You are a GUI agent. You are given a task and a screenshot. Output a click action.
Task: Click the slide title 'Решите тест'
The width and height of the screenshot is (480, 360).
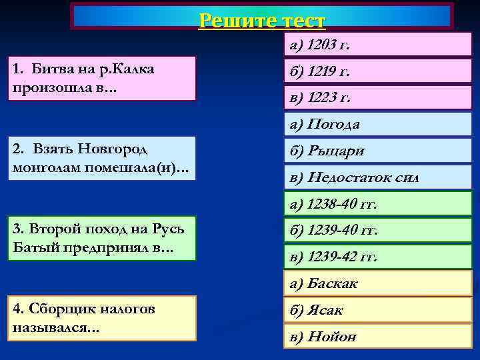[x=262, y=20]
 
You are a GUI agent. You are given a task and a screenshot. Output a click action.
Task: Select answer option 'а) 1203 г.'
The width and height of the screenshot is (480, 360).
[x=377, y=45]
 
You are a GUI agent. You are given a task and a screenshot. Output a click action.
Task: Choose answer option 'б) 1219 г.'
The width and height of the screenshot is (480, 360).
[x=377, y=71]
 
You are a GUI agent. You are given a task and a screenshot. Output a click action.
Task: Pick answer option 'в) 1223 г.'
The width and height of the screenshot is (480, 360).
[x=377, y=97]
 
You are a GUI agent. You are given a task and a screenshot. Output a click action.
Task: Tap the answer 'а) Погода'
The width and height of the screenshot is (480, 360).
[x=377, y=124]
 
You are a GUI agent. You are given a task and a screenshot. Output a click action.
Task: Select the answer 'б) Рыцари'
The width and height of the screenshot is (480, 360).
[x=377, y=151]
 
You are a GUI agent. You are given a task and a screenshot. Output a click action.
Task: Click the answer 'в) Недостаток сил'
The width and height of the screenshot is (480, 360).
[x=377, y=177]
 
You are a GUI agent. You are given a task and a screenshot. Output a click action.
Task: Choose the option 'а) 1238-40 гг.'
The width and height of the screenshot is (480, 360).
[x=377, y=204]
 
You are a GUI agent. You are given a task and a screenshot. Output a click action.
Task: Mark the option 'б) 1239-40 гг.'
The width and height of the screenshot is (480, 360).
[x=377, y=230]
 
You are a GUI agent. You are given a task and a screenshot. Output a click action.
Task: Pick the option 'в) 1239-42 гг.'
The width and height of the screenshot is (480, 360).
[x=377, y=257]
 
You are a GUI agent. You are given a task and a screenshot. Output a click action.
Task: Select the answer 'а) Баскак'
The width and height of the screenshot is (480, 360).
[x=377, y=283]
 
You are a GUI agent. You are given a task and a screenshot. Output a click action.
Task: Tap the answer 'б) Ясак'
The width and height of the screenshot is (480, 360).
[x=377, y=310]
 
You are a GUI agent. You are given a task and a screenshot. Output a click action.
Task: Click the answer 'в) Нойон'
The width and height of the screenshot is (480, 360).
[x=377, y=337]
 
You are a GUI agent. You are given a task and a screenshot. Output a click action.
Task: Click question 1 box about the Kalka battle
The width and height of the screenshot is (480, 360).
[x=102, y=78]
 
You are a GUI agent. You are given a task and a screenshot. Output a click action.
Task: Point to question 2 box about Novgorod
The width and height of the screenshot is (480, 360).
[x=102, y=158]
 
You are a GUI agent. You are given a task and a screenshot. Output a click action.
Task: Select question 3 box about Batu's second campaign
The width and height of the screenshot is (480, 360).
[x=102, y=238]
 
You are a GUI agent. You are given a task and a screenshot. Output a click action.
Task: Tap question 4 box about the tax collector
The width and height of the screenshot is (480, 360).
[x=102, y=318]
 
